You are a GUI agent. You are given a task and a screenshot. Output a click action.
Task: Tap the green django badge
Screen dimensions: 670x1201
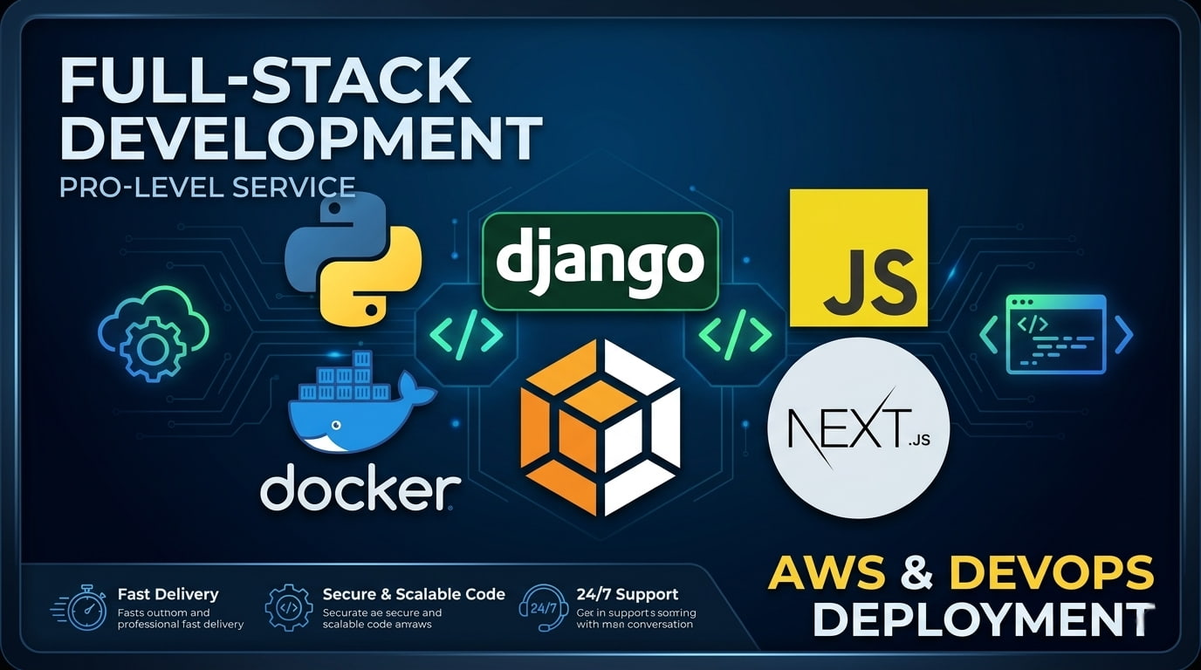[x=600, y=261]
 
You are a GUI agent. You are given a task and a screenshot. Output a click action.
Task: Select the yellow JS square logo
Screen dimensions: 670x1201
[x=858, y=258]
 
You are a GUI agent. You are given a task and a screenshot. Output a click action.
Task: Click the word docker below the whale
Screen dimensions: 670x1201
[x=360, y=489]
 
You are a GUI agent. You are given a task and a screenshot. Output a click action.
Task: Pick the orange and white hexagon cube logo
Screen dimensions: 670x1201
[x=600, y=427]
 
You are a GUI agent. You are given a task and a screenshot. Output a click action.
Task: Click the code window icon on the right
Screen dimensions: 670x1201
[x=1056, y=334]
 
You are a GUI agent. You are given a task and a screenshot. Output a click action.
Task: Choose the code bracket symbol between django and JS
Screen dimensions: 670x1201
[x=736, y=334]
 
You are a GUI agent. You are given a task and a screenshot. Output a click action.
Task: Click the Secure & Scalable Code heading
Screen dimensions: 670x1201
[x=414, y=594]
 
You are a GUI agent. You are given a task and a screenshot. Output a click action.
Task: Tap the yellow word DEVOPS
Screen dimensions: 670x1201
[x=1051, y=573]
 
